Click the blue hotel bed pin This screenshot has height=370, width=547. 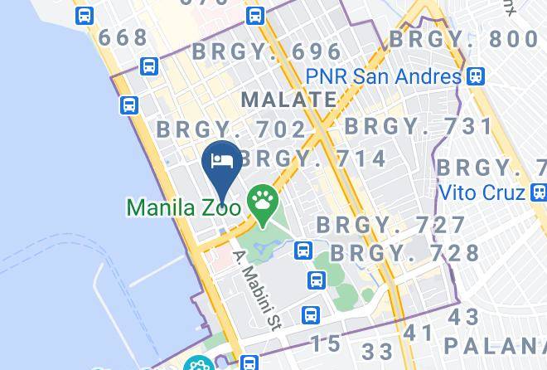coord(220,161)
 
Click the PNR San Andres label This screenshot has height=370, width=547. coord(383,76)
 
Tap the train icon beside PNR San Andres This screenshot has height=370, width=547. coord(474,76)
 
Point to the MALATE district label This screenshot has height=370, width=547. coord(288,100)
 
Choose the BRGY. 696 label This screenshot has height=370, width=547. coord(267,51)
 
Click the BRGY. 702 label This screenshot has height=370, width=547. coord(232,129)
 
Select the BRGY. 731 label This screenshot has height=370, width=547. coord(419,126)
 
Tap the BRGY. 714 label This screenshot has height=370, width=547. coord(313,158)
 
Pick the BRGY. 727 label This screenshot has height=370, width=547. coord(391,225)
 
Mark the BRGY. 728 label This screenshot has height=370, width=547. coord(405,252)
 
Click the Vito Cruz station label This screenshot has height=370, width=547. coord(481,192)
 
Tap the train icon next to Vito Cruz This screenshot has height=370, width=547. coord(538,192)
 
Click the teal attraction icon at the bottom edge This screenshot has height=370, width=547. coord(200,363)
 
